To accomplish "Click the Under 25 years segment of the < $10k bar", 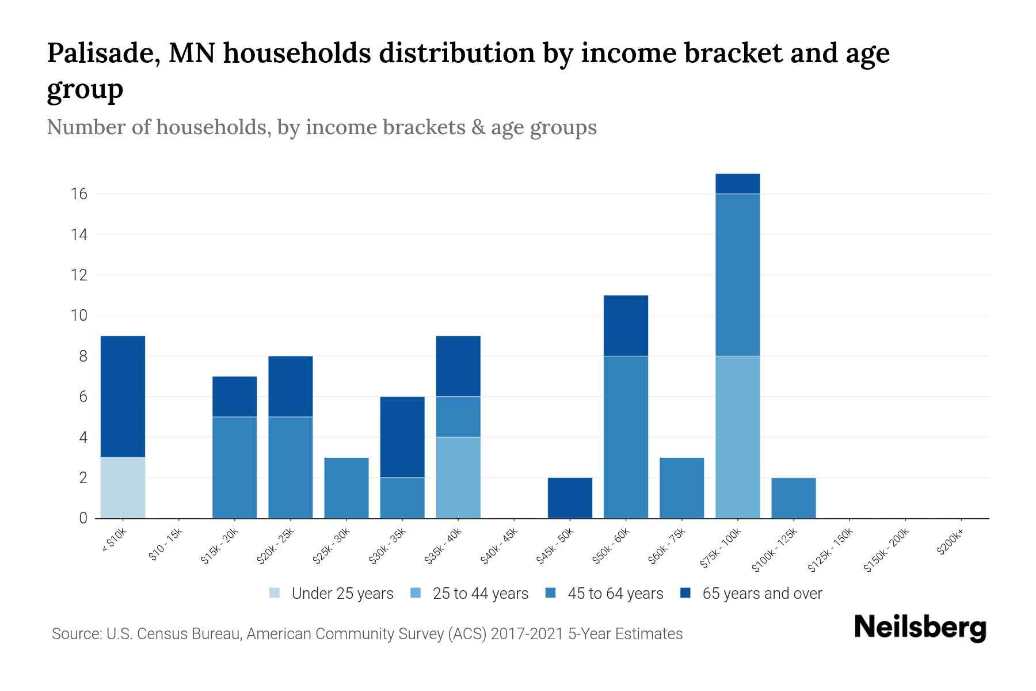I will pos(123,488).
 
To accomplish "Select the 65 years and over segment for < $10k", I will pos(123,396).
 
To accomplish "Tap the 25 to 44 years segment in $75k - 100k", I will pos(737,437).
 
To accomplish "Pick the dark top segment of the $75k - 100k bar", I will pos(737,184).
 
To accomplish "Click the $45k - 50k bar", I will pos(570,498).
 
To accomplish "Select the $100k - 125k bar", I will pos(793,498).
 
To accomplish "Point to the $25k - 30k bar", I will pos(346,488).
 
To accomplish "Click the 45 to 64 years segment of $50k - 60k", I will pos(626,437).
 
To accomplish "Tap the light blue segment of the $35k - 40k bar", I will pos(458,477).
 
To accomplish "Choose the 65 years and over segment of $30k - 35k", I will pos(402,437).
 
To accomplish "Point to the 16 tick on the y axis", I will pos(79,194).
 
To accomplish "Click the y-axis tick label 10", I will pos(79,316).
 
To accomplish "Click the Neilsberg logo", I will pos(920,628).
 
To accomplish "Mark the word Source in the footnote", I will pos(75,634).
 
